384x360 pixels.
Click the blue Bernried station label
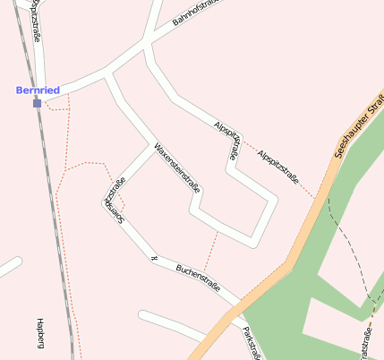point(38,90)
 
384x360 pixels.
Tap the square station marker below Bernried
point(37,103)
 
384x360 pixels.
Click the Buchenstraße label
point(198,277)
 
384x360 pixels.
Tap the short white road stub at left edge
point(8,266)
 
